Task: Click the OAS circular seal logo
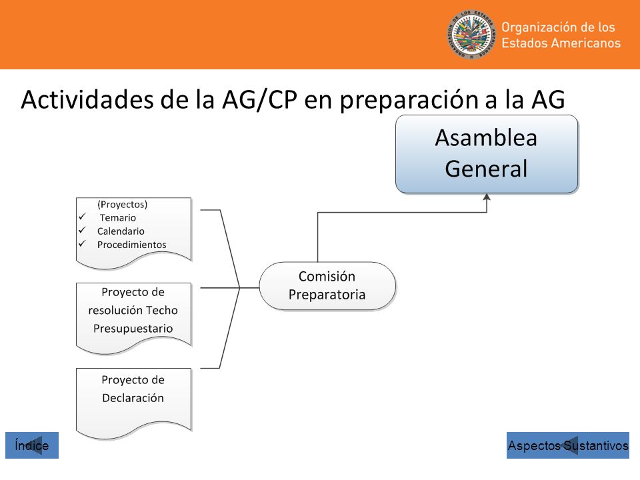coord(471,35)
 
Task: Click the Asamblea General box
coord(487,154)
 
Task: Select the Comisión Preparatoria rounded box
coord(327,286)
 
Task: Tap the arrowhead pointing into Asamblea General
coord(487,197)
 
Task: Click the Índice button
coord(32,445)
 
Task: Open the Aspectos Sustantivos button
coord(568,445)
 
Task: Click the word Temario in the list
coord(118,217)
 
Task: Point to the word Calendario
coord(121,231)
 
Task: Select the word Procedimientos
coord(132,245)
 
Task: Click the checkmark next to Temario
coord(83,216)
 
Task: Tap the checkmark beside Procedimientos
coord(83,243)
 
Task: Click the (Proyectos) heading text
coord(123,204)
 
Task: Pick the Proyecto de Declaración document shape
coord(134,402)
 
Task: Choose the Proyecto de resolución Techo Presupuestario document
coord(134,317)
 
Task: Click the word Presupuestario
coord(133,329)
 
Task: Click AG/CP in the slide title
coord(259,99)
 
